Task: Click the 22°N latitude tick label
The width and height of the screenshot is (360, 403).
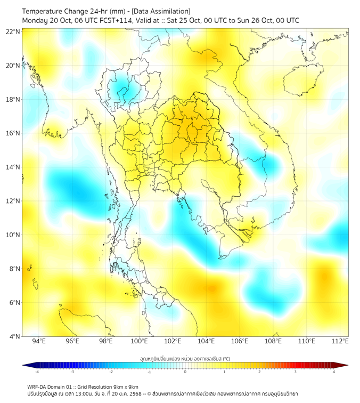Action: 13,32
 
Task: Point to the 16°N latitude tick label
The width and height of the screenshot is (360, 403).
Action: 13,133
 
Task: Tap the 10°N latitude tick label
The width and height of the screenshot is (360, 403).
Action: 13,235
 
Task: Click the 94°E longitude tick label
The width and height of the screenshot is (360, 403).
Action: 39,341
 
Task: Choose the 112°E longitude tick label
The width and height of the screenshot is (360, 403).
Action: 340,341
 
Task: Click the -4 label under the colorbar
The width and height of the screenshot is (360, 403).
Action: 37,372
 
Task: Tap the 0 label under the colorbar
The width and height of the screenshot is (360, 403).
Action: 185,372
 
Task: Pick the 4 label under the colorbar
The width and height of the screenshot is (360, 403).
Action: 334,372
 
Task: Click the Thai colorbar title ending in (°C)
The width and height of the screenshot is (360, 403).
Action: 185,358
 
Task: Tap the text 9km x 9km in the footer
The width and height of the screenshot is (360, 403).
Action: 126,387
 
